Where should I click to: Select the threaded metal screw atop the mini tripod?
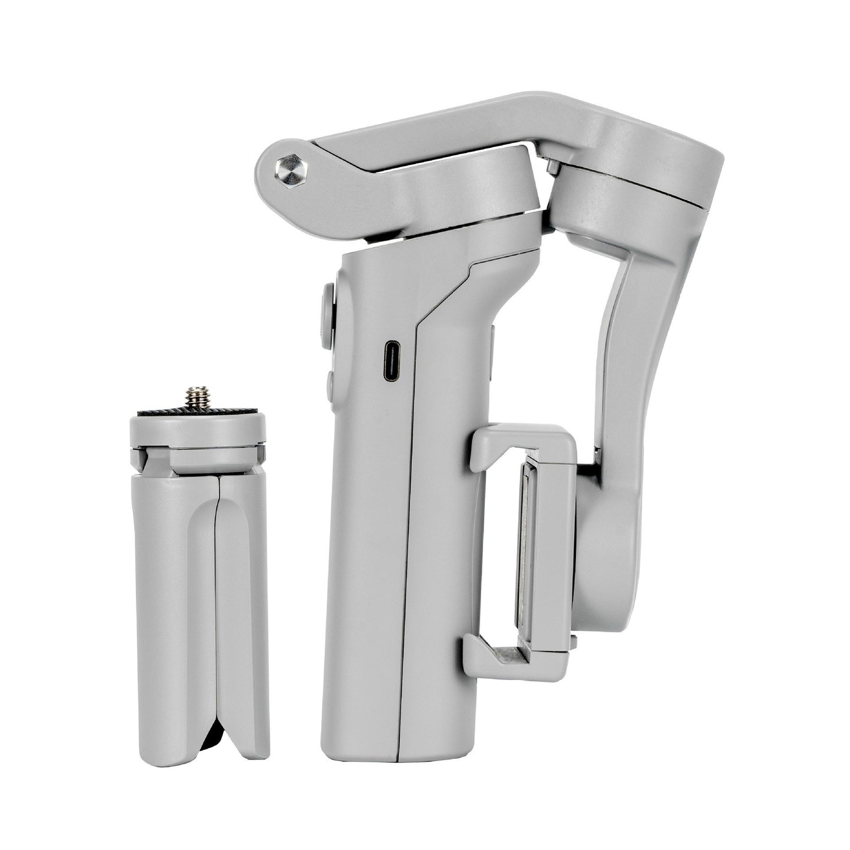point(195,399)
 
